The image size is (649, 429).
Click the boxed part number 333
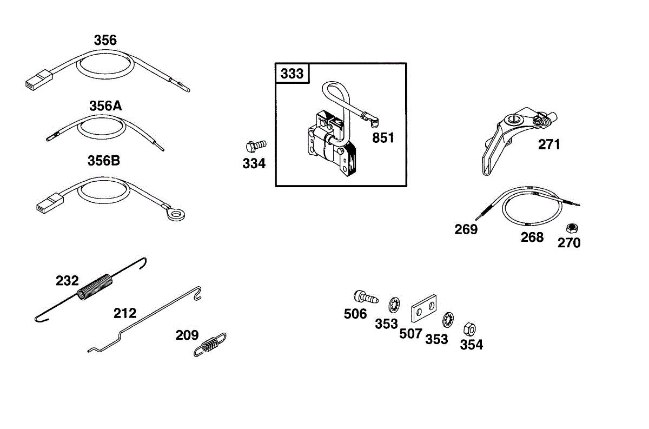(293, 74)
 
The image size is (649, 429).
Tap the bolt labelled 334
(256, 145)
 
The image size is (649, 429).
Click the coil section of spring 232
(96, 287)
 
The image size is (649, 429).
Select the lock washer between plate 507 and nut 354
(448, 320)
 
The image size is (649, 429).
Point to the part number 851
(383, 137)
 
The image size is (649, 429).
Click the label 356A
(105, 106)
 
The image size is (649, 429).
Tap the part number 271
(549, 144)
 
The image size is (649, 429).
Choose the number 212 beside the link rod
(124, 313)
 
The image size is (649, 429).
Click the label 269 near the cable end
(466, 229)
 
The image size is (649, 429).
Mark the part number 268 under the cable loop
(532, 237)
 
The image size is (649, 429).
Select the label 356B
(104, 161)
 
